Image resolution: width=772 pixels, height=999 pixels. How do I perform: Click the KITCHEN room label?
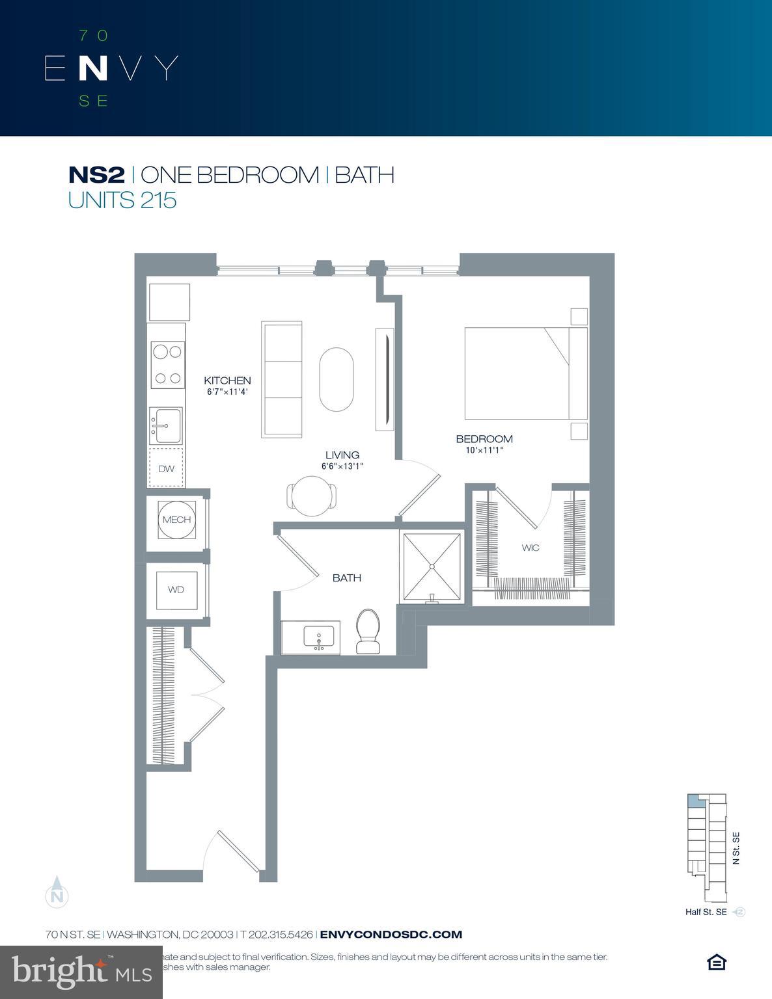227,380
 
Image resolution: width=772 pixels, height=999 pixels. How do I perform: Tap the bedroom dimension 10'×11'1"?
480,450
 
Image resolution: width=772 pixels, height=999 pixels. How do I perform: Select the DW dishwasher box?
167,468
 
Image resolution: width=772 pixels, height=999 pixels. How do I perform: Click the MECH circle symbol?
176,520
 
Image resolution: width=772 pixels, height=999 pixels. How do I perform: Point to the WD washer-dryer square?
176,590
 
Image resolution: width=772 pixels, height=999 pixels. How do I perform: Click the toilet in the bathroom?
368,631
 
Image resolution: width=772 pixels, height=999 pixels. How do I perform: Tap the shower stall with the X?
432,566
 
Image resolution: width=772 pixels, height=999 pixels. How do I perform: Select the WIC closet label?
531,548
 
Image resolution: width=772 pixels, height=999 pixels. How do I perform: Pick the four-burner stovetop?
166,365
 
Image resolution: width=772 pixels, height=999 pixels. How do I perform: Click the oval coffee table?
337,380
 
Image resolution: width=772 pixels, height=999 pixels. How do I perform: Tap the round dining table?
312,496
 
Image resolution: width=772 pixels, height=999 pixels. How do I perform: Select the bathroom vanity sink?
318,637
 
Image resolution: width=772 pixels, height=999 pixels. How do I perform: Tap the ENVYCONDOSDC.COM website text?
391,935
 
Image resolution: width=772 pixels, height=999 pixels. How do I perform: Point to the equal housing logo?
716,962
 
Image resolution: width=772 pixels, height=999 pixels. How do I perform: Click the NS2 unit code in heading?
96,175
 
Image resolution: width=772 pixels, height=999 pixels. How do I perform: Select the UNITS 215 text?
122,200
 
